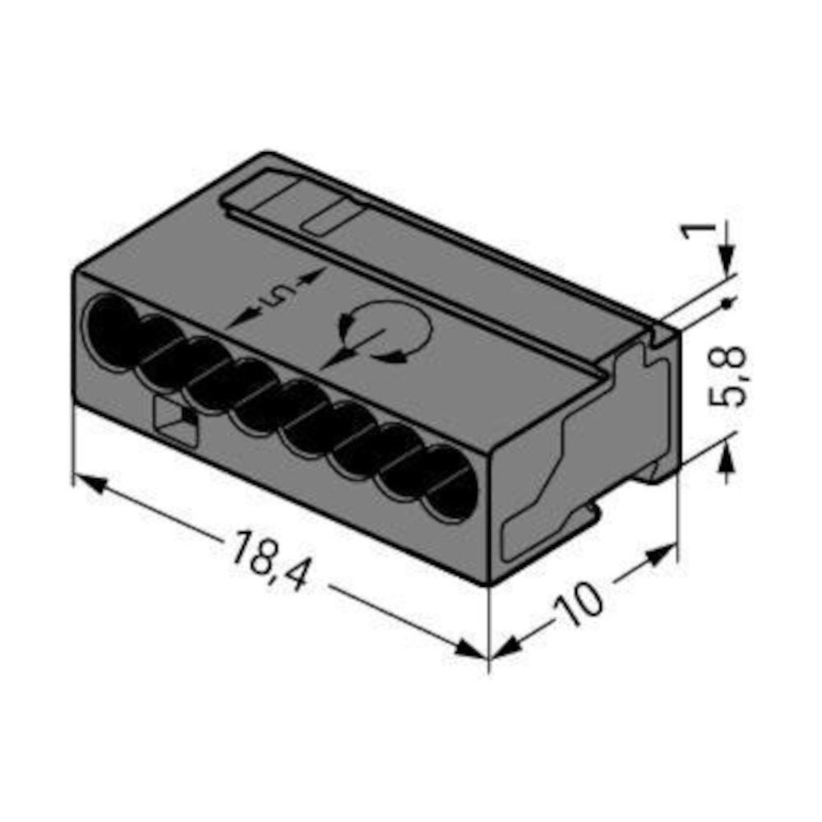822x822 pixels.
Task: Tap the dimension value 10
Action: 580,604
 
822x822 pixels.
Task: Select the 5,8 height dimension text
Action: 727,376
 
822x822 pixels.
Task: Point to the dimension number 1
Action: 698,230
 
